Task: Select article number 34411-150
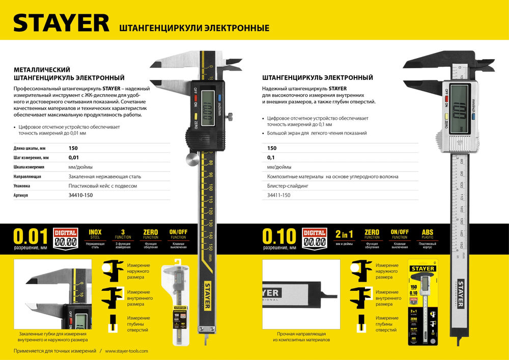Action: click(279, 196)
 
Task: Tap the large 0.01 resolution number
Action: click(30, 237)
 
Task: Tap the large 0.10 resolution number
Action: click(279, 237)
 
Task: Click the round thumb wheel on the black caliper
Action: click(190, 159)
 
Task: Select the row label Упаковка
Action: click(22, 186)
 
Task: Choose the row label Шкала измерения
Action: click(30, 167)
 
